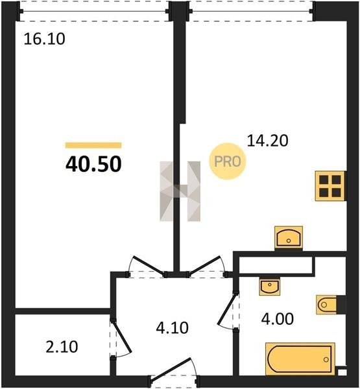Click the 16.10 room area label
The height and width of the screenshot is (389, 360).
pyautogui.click(x=45, y=39)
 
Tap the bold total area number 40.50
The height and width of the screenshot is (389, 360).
pyautogui.click(x=93, y=164)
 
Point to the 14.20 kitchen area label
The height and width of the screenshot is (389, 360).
pyautogui.click(x=268, y=141)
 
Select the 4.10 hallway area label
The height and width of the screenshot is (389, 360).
pyautogui.click(x=173, y=327)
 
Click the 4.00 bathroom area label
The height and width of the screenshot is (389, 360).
pyautogui.click(x=278, y=319)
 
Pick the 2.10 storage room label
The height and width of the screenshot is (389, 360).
pyautogui.click(x=62, y=347)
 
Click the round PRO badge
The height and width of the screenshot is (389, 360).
pyautogui.click(x=228, y=161)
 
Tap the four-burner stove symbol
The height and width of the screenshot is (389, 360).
pyautogui.click(x=330, y=185)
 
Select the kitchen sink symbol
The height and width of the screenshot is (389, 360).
pyautogui.click(x=289, y=238)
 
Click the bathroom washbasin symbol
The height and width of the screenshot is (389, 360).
pyautogui.click(x=270, y=287)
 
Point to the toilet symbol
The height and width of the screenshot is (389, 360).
pyautogui.click(x=326, y=305)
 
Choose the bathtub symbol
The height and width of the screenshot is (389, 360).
pyautogui.click(x=300, y=359)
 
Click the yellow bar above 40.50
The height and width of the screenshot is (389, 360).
pyautogui.click(x=93, y=145)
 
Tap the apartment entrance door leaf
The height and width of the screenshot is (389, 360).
pyautogui.click(x=171, y=368)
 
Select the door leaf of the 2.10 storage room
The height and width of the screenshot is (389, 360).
pyautogui.click(x=121, y=336)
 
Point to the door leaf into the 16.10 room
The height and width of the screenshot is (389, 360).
pyautogui.click(x=149, y=265)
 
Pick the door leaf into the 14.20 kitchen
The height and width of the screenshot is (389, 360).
pyautogui.click(x=204, y=265)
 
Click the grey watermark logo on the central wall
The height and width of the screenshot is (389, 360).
pyautogui.click(x=180, y=191)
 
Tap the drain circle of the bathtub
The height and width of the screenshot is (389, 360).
pyautogui.click(x=326, y=359)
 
